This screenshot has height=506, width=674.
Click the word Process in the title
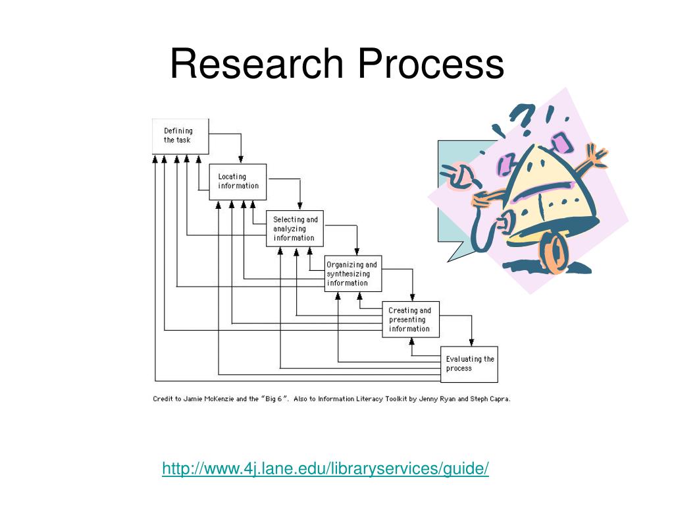[431, 65]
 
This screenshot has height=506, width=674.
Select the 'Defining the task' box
[180, 136]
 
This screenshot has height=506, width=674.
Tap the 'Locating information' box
[238, 181]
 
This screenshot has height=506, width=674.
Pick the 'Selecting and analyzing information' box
[295, 229]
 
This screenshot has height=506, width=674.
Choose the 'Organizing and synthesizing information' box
[353, 274]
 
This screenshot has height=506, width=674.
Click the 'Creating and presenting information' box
[411, 320]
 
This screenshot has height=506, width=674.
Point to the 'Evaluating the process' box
[469, 364]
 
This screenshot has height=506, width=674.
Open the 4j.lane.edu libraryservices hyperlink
[325, 468]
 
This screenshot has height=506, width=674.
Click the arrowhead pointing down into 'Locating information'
[241, 160]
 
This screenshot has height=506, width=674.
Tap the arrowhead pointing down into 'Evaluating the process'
[471, 343]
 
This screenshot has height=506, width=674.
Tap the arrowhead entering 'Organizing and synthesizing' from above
[357, 252]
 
